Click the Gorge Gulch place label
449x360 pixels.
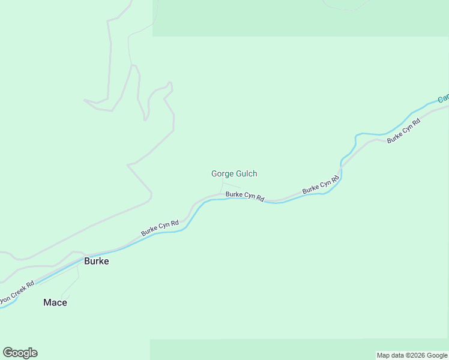[x=234, y=174]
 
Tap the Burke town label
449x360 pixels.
[x=96, y=262]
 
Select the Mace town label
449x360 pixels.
[x=55, y=302]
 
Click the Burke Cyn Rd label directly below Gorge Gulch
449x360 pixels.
[x=245, y=196]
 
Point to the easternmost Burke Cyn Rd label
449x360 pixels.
[x=403, y=130]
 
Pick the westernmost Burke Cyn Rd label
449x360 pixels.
[x=160, y=227]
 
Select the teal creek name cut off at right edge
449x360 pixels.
[x=443, y=97]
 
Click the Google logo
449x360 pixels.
[x=20, y=353]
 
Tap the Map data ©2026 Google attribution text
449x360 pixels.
[x=412, y=355]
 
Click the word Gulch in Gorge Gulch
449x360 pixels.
[x=246, y=174]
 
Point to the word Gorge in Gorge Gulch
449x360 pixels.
[x=222, y=174]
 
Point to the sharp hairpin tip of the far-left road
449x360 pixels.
[x=85, y=100]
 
